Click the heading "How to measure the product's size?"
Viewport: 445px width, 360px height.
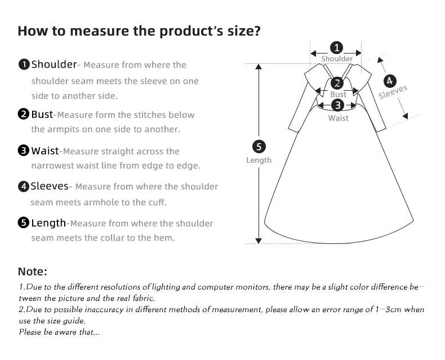139,30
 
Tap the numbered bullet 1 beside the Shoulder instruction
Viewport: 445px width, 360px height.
24,64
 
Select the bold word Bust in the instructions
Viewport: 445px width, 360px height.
42,114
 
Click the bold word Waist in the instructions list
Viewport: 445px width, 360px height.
45,151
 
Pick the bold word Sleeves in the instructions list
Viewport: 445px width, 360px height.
50,186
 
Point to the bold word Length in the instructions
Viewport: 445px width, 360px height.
48,223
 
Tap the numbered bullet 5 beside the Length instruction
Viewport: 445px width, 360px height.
24,223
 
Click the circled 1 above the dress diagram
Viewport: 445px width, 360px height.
336,47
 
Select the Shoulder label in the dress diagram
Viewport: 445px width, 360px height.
337,59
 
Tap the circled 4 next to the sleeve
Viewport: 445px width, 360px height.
389,81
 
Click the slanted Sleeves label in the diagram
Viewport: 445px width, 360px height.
393,92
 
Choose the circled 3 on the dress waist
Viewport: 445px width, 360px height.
337,105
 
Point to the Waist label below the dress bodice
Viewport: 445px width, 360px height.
339,118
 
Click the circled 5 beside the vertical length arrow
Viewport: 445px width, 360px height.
259,147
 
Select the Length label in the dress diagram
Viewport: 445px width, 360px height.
259,160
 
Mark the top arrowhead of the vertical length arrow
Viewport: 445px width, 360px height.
259,66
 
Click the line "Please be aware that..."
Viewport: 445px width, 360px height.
59,332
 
